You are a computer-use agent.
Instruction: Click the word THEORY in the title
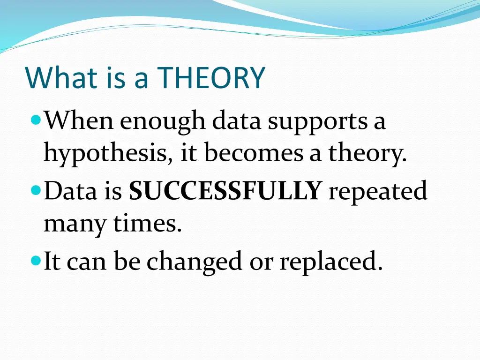pyautogui.click(x=211, y=78)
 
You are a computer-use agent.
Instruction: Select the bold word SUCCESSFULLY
pyautogui.click(x=225, y=191)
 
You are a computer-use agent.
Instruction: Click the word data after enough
pyautogui.click(x=237, y=122)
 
